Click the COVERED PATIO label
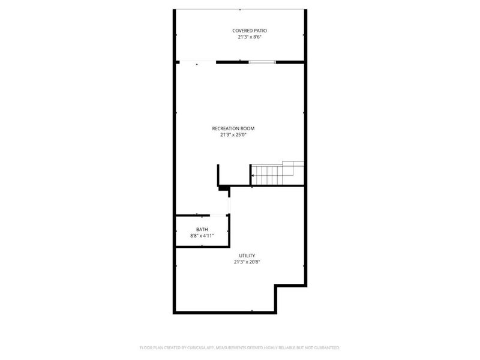(250, 30)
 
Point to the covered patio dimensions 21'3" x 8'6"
(250, 37)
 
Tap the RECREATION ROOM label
(233, 128)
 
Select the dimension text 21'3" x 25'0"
(233, 135)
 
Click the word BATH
(202, 230)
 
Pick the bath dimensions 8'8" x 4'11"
(202, 236)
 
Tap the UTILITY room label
(247, 256)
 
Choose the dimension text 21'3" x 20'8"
(247, 262)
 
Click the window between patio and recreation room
(262, 61)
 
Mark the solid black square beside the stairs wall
(224, 188)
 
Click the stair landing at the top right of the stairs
(293, 166)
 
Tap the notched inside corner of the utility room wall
(277, 286)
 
